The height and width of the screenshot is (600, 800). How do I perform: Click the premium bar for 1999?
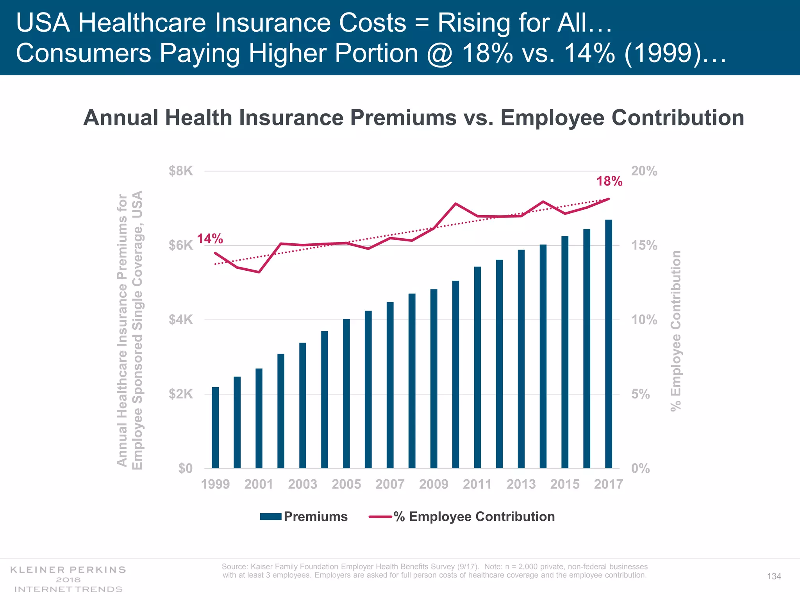[x=215, y=427]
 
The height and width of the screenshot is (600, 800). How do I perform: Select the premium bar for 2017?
[x=609, y=344]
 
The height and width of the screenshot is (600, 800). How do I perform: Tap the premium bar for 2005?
[x=346, y=393]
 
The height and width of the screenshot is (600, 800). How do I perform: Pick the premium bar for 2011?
[x=477, y=367]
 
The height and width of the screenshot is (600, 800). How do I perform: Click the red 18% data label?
[x=609, y=181]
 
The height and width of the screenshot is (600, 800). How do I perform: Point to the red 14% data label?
[x=210, y=239]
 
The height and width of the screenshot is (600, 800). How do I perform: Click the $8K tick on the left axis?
[x=181, y=171]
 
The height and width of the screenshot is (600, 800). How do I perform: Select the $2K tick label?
[x=181, y=394]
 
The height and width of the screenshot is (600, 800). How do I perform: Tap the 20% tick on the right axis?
[x=644, y=171]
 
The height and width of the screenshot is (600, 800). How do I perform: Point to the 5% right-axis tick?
[x=641, y=394]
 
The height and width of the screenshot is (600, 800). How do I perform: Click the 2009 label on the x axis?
[x=434, y=484]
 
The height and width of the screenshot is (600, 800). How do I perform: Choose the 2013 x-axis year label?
[x=521, y=484]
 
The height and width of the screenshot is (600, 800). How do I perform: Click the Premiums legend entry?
[x=315, y=516]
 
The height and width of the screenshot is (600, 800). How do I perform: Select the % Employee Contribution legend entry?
[x=474, y=516]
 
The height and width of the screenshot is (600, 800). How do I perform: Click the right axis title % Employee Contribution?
[x=676, y=330]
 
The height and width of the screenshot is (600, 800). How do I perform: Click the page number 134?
[x=774, y=577]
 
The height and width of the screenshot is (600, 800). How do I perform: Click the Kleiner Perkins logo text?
[x=68, y=570]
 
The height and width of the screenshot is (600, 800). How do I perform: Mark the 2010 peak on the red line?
[x=455, y=204]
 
